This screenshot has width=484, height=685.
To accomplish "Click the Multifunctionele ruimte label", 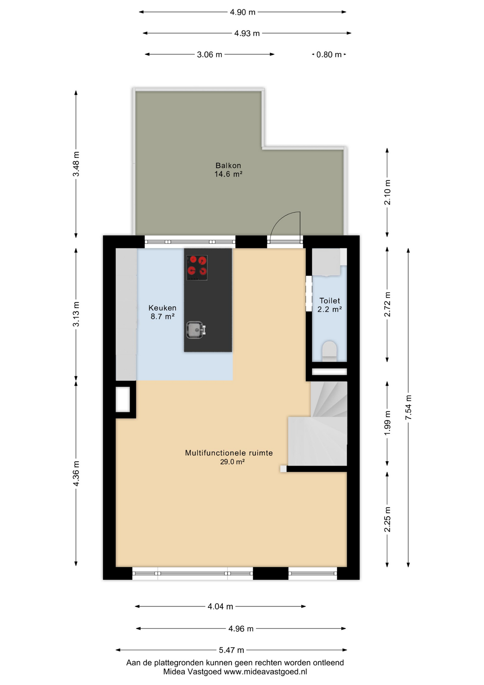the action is point(229,453).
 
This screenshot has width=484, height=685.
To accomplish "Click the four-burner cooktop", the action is point(197,268).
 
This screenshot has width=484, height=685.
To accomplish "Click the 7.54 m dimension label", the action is point(408,407).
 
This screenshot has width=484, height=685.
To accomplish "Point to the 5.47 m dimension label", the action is point(231,650).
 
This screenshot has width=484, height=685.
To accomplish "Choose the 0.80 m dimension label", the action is point(329,55).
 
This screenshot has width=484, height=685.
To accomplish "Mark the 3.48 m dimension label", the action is point(76,164).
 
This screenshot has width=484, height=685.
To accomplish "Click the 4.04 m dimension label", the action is point(220,607).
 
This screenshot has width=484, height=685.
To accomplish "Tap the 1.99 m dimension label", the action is point(387,423).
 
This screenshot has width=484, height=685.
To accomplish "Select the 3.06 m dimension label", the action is point(210,55).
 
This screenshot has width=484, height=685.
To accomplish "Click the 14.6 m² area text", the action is point(228,174).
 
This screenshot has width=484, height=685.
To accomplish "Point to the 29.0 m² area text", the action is point(232,462).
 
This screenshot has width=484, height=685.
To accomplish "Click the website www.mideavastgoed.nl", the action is point(265,672).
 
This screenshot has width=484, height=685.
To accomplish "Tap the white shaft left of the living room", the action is point(123,400).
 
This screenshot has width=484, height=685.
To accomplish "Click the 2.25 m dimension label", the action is point(387,519).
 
